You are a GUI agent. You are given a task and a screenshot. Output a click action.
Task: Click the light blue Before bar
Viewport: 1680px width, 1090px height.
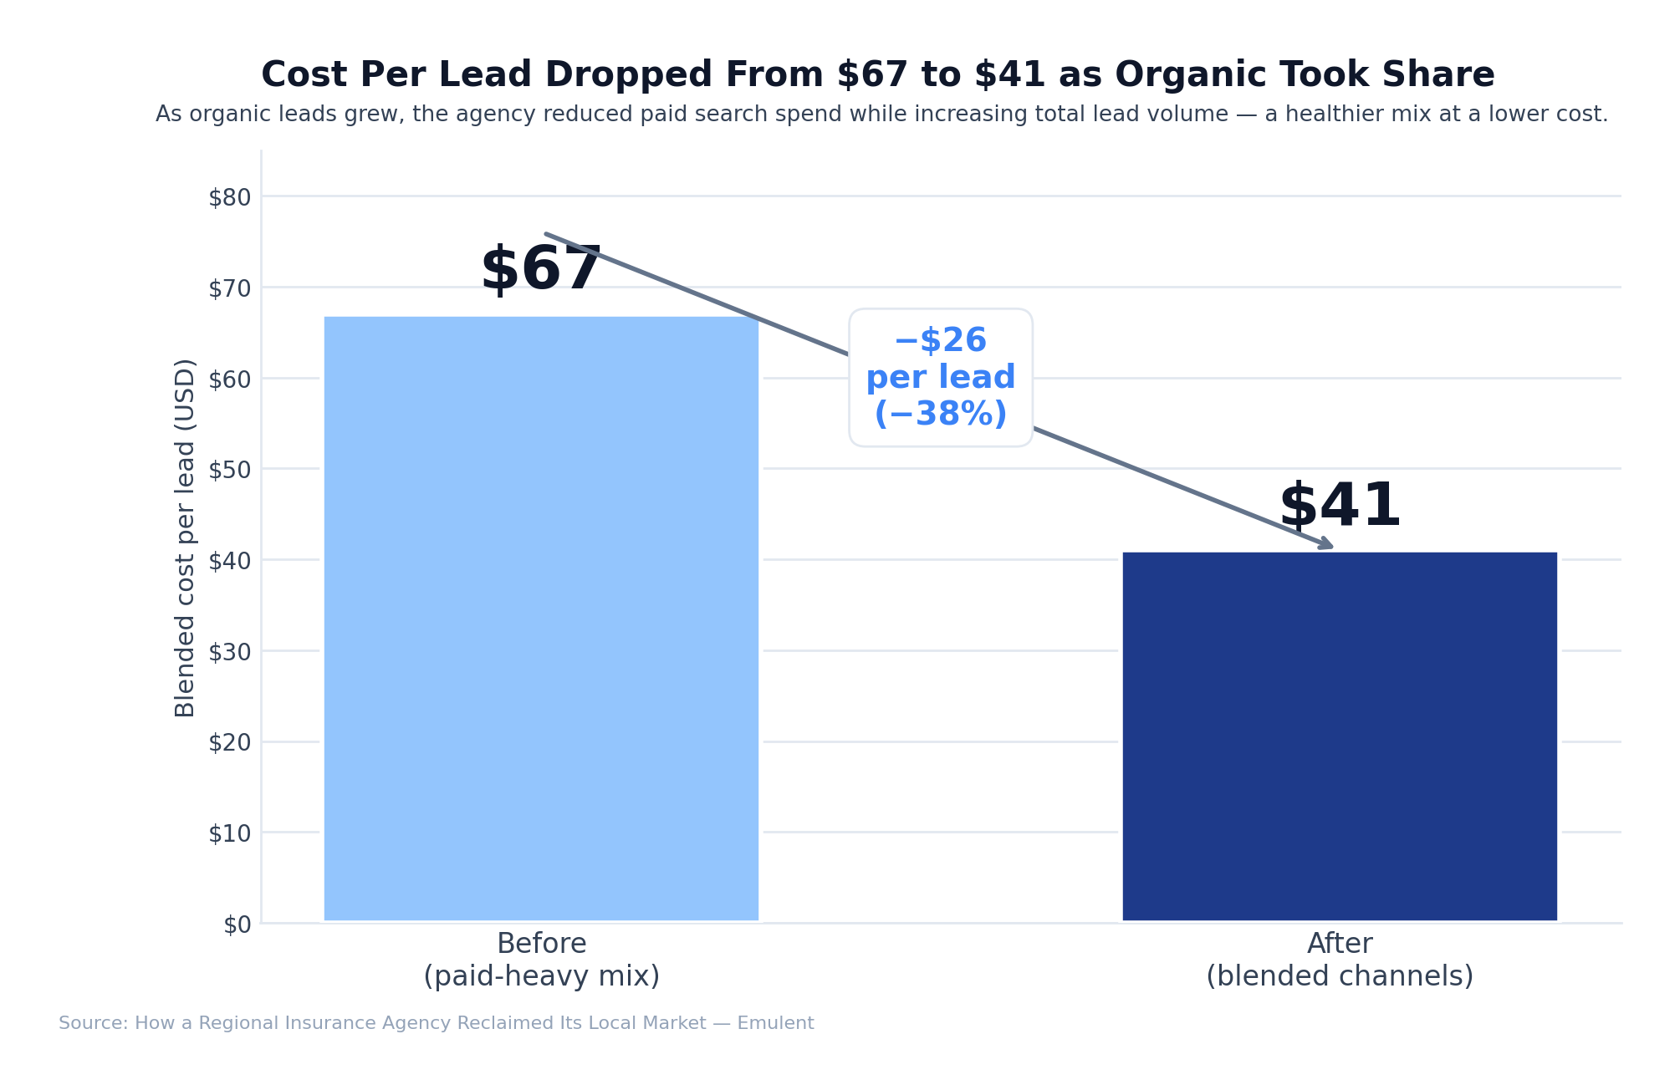point(541,619)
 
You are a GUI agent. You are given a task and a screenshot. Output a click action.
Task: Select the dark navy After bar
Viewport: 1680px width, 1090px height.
point(1340,736)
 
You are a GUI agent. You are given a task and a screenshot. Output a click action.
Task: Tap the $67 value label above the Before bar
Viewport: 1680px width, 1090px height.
point(541,270)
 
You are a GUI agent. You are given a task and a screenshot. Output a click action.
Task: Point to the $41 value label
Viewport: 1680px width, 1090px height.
point(1340,507)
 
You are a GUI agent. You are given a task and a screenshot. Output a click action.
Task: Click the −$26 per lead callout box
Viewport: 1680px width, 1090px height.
point(940,377)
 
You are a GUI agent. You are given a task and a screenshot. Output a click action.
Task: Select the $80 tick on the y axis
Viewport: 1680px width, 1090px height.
point(229,197)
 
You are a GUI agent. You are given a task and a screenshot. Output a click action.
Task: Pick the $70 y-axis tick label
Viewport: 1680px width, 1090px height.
point(229,288)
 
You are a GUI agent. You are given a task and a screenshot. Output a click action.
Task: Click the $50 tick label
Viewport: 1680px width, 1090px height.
point(229,470)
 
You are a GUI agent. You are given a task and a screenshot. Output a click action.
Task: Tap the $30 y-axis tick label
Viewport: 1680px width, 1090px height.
point(229,652)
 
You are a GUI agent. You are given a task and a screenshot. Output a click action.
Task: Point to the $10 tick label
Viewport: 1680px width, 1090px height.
point(229,833)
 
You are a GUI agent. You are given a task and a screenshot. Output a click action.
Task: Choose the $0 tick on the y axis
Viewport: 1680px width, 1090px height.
point(237,924)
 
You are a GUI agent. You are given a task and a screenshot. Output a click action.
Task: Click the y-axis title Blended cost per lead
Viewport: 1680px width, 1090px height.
point(185,537)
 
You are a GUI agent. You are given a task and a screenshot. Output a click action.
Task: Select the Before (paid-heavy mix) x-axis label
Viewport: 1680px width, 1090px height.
point(541,960)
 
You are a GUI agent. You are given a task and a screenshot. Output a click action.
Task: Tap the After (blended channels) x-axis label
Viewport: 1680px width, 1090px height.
point(1340,960)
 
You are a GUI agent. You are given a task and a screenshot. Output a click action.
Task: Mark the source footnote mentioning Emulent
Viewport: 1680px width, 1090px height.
point(436,1023)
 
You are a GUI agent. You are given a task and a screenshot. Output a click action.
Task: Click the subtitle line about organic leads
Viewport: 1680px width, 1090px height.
point(881,115)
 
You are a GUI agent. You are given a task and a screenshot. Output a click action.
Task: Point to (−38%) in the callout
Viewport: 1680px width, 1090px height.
point(940,415)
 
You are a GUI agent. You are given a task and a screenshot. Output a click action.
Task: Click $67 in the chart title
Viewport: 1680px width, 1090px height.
point(872,75)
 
